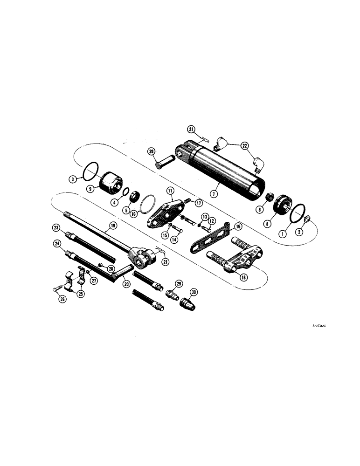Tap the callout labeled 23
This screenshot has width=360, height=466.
(x=56, y=228)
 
